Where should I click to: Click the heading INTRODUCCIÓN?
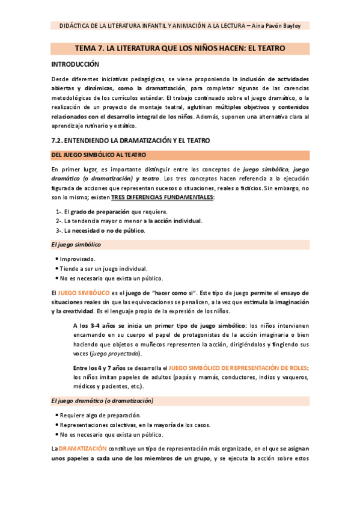tap(75, 64)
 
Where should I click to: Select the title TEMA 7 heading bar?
tap(180, 48)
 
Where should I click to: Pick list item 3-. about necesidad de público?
tap(100, 230)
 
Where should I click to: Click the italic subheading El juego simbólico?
tap(76, 245)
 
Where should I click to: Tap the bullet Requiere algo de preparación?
tap(100, 415)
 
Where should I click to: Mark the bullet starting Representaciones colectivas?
tap(133, 425)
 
